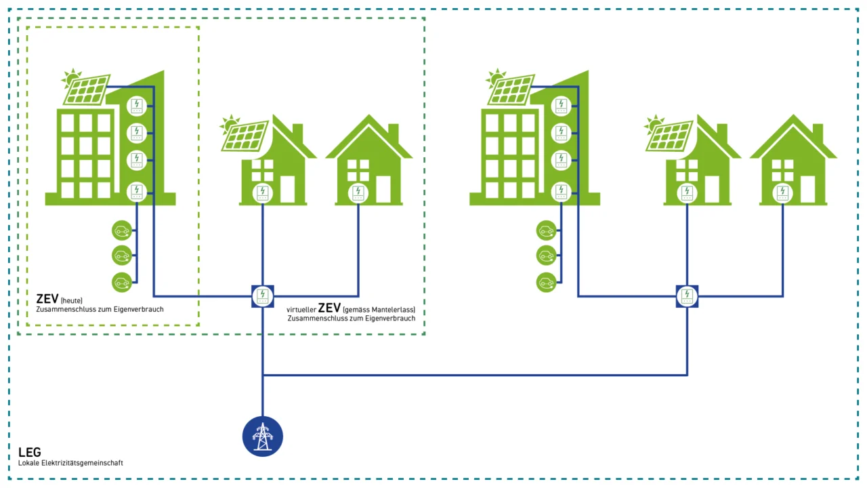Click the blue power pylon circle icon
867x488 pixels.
coord(263,436)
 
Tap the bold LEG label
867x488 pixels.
coord(30,452)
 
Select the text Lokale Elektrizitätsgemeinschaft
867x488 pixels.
coord(70,463)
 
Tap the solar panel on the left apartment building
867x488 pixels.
coord(87,89)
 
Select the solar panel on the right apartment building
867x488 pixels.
coord(511,89)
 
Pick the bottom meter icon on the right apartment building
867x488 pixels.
coord(561,192)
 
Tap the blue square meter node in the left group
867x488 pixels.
coord(263,296)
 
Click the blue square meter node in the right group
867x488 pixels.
coord(687,296)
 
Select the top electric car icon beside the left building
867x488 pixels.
coord(122,231)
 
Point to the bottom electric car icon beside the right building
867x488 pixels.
coord(546,282)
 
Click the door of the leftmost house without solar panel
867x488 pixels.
coord(383,190)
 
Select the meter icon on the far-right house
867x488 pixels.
coord(783,192)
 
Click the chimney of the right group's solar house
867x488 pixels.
coord(722,133)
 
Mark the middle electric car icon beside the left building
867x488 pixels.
coord(122,256)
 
